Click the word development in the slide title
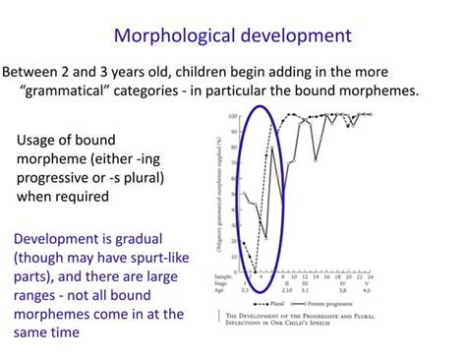click(296, 36)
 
